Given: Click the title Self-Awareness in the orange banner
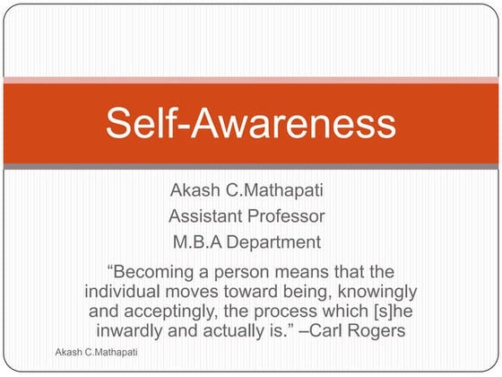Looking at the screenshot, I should [250, 122].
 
